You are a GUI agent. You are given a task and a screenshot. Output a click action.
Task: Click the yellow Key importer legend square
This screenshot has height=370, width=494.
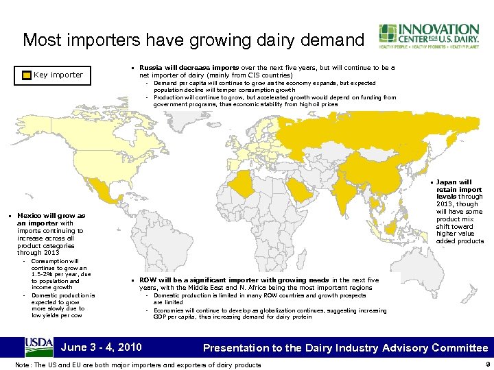coord(27,75)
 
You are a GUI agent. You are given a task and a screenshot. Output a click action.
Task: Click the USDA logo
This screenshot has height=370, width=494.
coord(38,346)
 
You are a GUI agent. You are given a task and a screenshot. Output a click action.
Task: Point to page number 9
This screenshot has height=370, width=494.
coord(485,365)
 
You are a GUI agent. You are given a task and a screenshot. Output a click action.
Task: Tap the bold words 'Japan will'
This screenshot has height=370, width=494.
coord(454,182)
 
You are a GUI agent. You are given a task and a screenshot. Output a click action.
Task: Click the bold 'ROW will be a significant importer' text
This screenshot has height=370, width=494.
coord(196,280)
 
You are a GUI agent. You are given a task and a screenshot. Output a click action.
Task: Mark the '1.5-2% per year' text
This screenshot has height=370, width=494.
coord(54,274)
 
